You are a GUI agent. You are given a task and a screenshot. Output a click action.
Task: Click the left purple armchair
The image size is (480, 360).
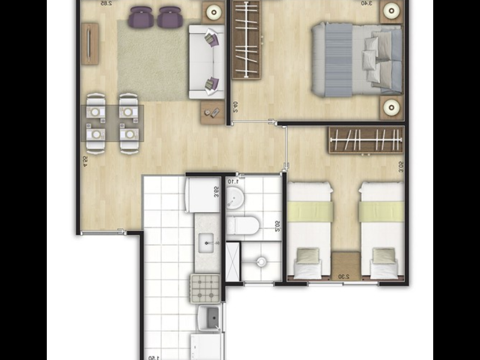pos(142,17)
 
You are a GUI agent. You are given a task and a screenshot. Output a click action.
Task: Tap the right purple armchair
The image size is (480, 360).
pos(170,17)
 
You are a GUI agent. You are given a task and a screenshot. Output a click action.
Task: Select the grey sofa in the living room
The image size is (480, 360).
pos(206,61)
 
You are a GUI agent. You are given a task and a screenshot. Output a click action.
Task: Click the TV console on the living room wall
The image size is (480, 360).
pos(89,43)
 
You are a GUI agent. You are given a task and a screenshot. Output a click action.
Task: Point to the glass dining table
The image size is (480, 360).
pos(113,123)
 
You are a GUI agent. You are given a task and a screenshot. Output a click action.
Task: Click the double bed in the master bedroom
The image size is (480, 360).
pos(356,60)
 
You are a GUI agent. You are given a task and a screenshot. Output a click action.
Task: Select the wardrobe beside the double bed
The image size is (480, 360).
pos(247,40)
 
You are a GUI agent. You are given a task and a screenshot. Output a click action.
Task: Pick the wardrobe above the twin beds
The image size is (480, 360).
pos(366,140)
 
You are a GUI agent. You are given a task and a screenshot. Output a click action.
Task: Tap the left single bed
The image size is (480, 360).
pos(310,230)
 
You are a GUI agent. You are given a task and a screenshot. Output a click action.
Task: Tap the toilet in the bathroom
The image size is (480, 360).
pos(243,226)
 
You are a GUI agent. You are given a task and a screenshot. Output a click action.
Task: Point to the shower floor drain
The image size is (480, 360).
pos(261,262)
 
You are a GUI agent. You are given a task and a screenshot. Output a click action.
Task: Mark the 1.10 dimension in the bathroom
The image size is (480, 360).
pos(233,181)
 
